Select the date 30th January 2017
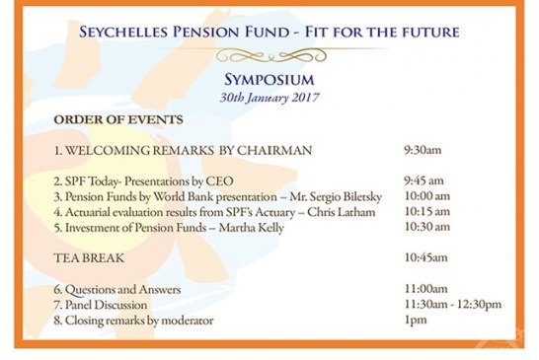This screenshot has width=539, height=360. point(269,98)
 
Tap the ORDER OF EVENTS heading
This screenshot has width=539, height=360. point(117,120)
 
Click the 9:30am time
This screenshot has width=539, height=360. point(423,150)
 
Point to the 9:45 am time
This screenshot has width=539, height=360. point(424,182)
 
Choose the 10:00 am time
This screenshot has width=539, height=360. point(427,197)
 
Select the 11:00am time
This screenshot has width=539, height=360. point(425,289)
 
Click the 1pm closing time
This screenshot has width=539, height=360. point(414,321)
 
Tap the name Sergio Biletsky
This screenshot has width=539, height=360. point(327,197)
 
